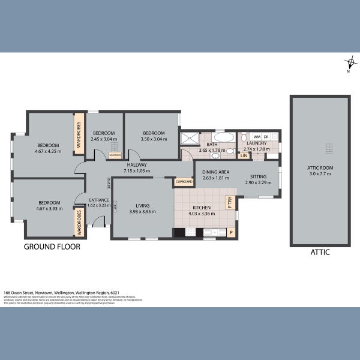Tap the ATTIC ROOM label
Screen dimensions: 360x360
(x=320, y=167)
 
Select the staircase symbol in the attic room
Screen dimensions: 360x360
(x=328, y=148)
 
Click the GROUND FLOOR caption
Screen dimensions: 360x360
(x=52, y=247)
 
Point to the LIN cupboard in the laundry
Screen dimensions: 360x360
(x=244, y=156)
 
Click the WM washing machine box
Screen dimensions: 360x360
(x=257, y=137)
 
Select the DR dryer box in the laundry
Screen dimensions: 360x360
(x=266, y=137)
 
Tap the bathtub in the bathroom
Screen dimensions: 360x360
(x=220, y=136)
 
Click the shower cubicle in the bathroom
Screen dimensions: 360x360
(x=190, y=138)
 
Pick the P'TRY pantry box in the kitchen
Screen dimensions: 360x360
(x=229, y=203)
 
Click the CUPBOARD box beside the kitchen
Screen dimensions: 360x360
(x=184, y=181)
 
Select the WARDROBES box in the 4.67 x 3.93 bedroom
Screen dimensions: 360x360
(x=78, y=222)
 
